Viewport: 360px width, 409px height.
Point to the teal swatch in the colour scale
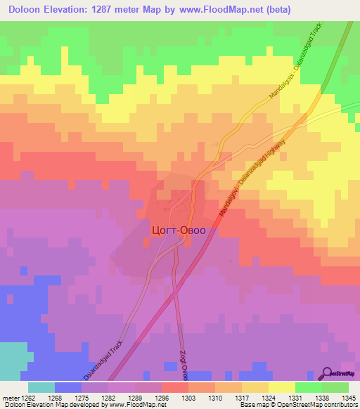tap(41, 387)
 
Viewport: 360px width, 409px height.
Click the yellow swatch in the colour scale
tap(281, 387)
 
